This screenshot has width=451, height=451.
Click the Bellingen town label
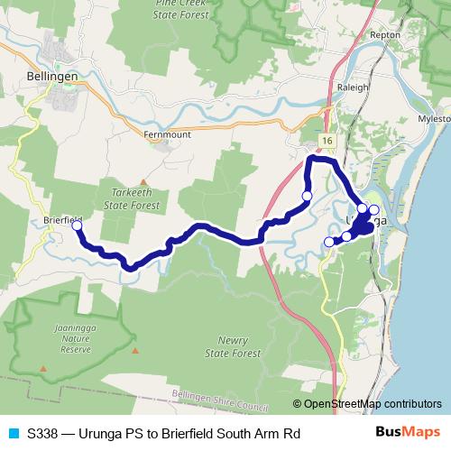coord(51,78)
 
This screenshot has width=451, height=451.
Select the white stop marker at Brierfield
coord(77,226)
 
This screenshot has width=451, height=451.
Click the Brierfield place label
coord(63,219)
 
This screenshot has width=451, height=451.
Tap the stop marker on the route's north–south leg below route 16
coord(307,196)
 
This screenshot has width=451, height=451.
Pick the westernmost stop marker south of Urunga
coord(328,241)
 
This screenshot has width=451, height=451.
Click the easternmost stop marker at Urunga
coord(374,209)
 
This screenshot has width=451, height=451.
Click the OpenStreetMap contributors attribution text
coord(372,404)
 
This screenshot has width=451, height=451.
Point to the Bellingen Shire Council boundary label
coord(222,394)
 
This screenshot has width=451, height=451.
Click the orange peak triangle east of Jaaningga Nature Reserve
coord(135,350)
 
